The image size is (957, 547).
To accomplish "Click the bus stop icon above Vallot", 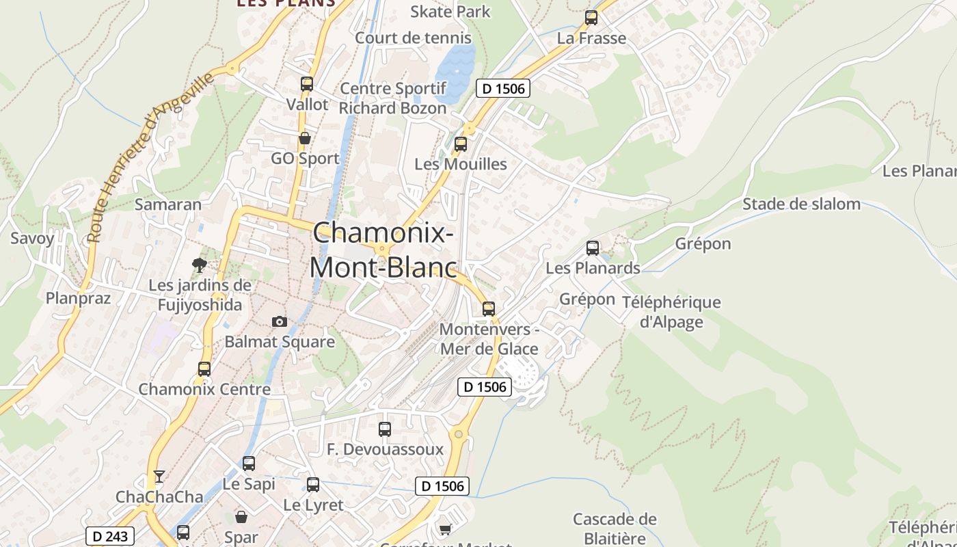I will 307,84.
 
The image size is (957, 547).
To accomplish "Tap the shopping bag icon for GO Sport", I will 305,138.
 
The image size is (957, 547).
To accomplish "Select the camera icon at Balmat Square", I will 280,321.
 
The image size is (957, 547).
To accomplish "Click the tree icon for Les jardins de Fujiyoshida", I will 200,265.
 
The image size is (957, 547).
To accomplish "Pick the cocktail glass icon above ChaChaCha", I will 159,476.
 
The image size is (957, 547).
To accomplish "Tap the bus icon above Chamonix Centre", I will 204,369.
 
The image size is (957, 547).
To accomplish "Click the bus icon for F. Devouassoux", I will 385,429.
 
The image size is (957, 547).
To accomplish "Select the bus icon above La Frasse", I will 591,18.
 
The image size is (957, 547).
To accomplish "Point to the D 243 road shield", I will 109,536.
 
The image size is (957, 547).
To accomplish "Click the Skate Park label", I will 450,12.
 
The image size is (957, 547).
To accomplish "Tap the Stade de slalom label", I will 801,204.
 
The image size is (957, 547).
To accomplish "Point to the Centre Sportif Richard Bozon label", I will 392,98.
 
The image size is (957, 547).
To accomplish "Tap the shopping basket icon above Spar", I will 241,517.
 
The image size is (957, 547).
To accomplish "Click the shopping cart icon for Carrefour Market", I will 446,529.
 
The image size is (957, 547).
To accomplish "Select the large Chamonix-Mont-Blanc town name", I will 383,250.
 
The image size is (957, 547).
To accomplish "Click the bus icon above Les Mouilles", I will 461,144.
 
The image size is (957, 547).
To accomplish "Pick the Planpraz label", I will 78,297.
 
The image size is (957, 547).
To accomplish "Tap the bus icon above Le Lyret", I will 313,485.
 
